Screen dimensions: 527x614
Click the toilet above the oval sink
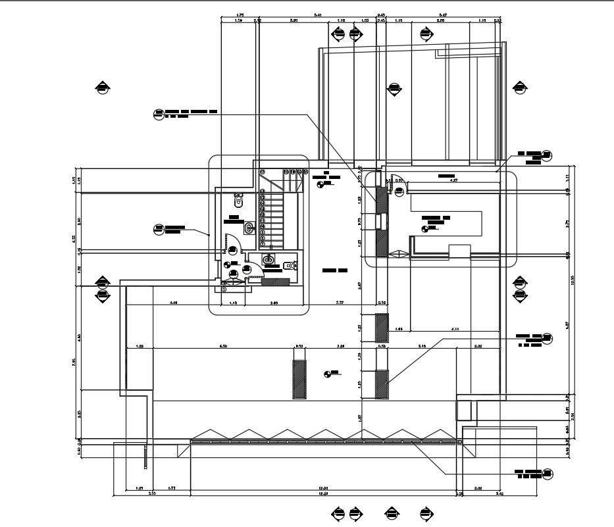[239, 199]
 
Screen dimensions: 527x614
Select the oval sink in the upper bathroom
[249, 228]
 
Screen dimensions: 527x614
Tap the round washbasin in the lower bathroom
[269, 260]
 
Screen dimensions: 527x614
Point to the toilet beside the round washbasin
[290, 266]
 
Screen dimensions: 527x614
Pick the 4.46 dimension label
[174, 303]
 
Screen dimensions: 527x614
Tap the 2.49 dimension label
[274, 303]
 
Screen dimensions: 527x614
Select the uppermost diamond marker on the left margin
[103, 87]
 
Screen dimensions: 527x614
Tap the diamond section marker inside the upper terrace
[394, 89]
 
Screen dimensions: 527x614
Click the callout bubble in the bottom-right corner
[548, 474]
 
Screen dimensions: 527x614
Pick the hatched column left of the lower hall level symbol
[299, 380]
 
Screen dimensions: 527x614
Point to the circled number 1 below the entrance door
[224, 288]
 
